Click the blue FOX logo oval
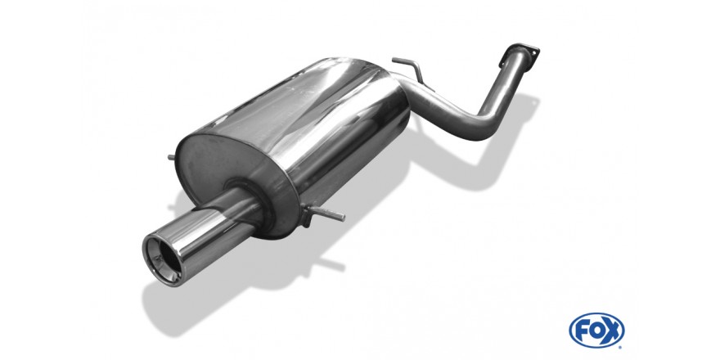point(596,331)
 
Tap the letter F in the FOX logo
point(581,331)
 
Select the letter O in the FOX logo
point(596,331)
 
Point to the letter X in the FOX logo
point(612,331)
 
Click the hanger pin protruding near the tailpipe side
point(329,214)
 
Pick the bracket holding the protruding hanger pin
point(308,216)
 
